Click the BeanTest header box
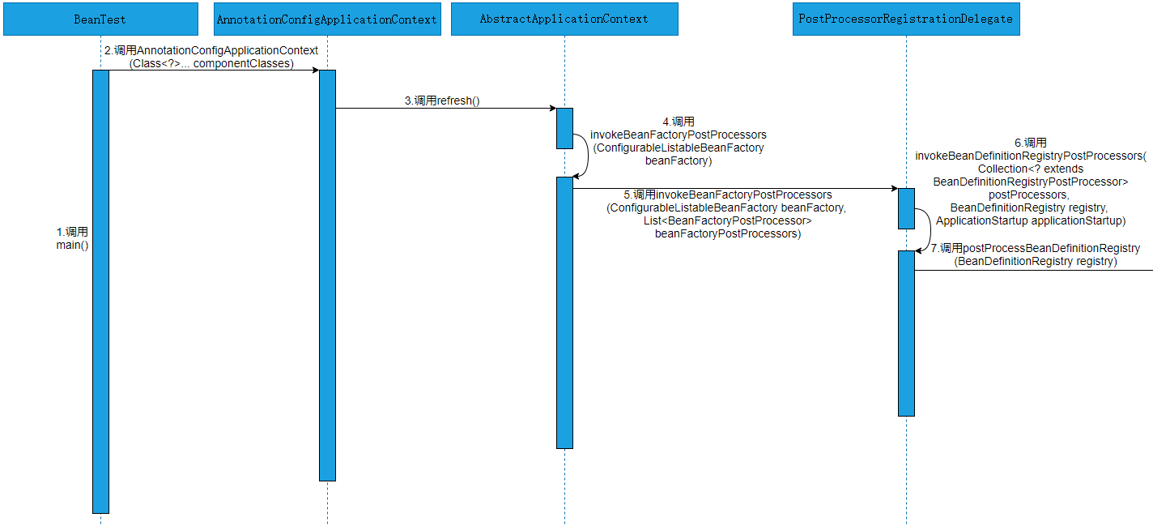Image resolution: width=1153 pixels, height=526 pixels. click(100, 19)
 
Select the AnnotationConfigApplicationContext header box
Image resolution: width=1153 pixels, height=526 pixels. click(327, 19)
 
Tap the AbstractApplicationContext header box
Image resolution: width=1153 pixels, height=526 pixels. click(564, 19)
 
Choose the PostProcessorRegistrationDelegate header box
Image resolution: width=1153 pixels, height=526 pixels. click(906, 19)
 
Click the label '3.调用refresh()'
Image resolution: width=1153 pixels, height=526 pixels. click(442, 101)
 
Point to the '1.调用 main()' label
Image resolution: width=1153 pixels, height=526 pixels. click(72, 238)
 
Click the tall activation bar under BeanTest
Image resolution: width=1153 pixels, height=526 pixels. click(100, 292)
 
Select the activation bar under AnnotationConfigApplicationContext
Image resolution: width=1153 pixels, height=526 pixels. click(327, 276)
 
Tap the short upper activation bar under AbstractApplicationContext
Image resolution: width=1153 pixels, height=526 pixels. click(564, 128)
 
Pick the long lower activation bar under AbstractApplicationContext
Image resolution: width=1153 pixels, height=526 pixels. click(564, 312)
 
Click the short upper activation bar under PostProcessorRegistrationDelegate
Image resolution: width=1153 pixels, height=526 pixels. click(906, 208)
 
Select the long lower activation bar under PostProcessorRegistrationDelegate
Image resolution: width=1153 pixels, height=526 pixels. click(906, 332)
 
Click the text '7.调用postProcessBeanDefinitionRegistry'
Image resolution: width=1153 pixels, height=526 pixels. click(1036, 248)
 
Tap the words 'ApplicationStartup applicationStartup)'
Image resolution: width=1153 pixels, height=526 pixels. click(1031, 220)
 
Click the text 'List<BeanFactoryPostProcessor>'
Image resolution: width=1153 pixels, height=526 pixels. click(728, 220)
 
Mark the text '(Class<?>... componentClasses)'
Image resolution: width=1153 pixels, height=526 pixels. click(211, 63)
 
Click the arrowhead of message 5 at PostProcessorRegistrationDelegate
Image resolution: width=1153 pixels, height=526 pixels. click(893, 189)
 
